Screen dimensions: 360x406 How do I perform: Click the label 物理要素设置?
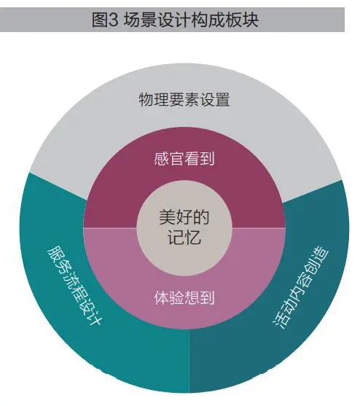pos(184,100)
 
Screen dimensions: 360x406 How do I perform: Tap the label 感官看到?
pos(184,159)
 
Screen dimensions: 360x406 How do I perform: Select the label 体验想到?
pos(184,298)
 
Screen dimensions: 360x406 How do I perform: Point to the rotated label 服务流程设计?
pos(75,285)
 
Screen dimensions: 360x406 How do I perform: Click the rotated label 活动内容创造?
pos(301,288)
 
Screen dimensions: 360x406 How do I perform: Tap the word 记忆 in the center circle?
pos(184,237)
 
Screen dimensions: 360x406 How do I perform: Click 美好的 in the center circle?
pos(184,217)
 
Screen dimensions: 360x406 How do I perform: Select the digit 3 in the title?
pos(114,20)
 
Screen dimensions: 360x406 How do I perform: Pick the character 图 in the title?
pos(100,20)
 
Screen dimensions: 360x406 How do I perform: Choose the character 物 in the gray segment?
pos(146,100)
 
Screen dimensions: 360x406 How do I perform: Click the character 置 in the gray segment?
pos(222,100)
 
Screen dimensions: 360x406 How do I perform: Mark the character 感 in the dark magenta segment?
pos(162,159)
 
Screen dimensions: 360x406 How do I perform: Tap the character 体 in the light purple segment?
pos(162,298)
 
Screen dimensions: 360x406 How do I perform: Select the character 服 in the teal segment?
pos(55,253)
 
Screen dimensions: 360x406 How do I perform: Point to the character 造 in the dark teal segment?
pos(321,256)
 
